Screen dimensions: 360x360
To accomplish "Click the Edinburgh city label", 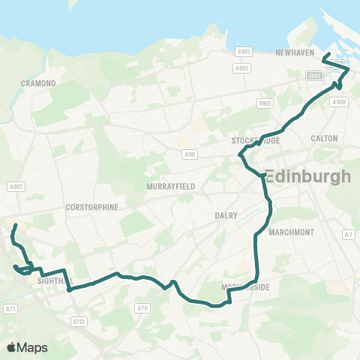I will point(308,177).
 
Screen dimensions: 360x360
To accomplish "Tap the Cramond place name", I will point(38,83).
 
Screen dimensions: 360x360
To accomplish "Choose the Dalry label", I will point(226,215).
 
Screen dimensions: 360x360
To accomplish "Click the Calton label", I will point(324,138).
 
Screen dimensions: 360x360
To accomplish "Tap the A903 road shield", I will point(241,67).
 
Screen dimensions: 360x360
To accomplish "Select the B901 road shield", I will point(264,103).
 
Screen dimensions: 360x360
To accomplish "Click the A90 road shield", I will point(190,154).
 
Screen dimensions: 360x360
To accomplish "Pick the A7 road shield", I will point(347,235).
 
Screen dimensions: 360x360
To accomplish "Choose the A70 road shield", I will point(143,307).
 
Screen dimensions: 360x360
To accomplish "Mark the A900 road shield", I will point(339,101).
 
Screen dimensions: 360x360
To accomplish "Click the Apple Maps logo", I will point(27,347).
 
